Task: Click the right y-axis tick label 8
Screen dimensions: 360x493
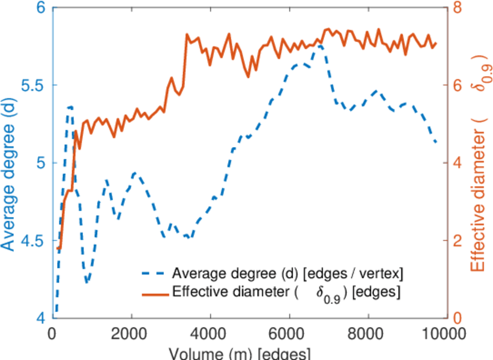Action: tap(459, 8)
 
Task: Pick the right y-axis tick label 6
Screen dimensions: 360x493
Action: tap(459, 85)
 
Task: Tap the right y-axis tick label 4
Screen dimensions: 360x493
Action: tap(459, 163)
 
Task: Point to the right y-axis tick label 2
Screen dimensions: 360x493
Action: tap(459, 241)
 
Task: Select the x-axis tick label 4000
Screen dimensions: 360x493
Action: tap(210, 334)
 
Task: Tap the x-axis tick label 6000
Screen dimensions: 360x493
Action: tap(289, 334)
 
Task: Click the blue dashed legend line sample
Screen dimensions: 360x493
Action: tap(155, 274)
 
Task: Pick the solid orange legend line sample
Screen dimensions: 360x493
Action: tap(155, 293)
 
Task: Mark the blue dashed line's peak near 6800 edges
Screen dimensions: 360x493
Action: tap(319, 45)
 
